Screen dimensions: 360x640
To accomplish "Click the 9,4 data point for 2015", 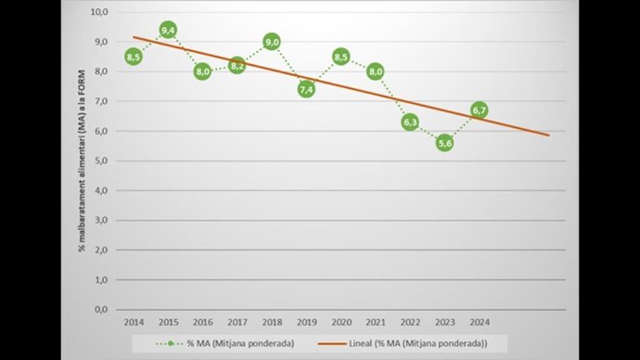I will (168, 31).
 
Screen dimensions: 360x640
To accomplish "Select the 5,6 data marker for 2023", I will (444, 143).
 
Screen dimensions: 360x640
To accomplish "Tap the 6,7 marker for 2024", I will (479, 110).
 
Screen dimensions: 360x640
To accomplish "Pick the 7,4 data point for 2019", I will (306, 90).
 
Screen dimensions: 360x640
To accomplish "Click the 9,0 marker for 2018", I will (272, 42).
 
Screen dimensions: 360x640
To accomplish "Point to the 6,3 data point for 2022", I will (410, 122).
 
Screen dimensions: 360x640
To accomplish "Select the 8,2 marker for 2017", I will (237, 66).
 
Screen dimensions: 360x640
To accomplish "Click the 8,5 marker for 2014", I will (134, 57).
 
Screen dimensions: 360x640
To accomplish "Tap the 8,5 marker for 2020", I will (340, 57).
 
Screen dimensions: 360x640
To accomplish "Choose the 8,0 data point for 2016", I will (202, 71).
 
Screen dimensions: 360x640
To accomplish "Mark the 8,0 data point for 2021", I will (376, 71).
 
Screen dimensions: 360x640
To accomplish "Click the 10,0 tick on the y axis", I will (99, 12).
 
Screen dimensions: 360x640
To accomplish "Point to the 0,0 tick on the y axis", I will (101, 309).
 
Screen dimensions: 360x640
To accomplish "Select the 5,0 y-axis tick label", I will (101, 161).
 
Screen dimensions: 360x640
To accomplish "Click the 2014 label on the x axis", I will (134, 321).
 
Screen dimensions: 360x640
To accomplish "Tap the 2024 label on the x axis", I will (479, 321).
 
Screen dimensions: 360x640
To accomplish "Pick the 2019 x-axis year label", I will (306, 321).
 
